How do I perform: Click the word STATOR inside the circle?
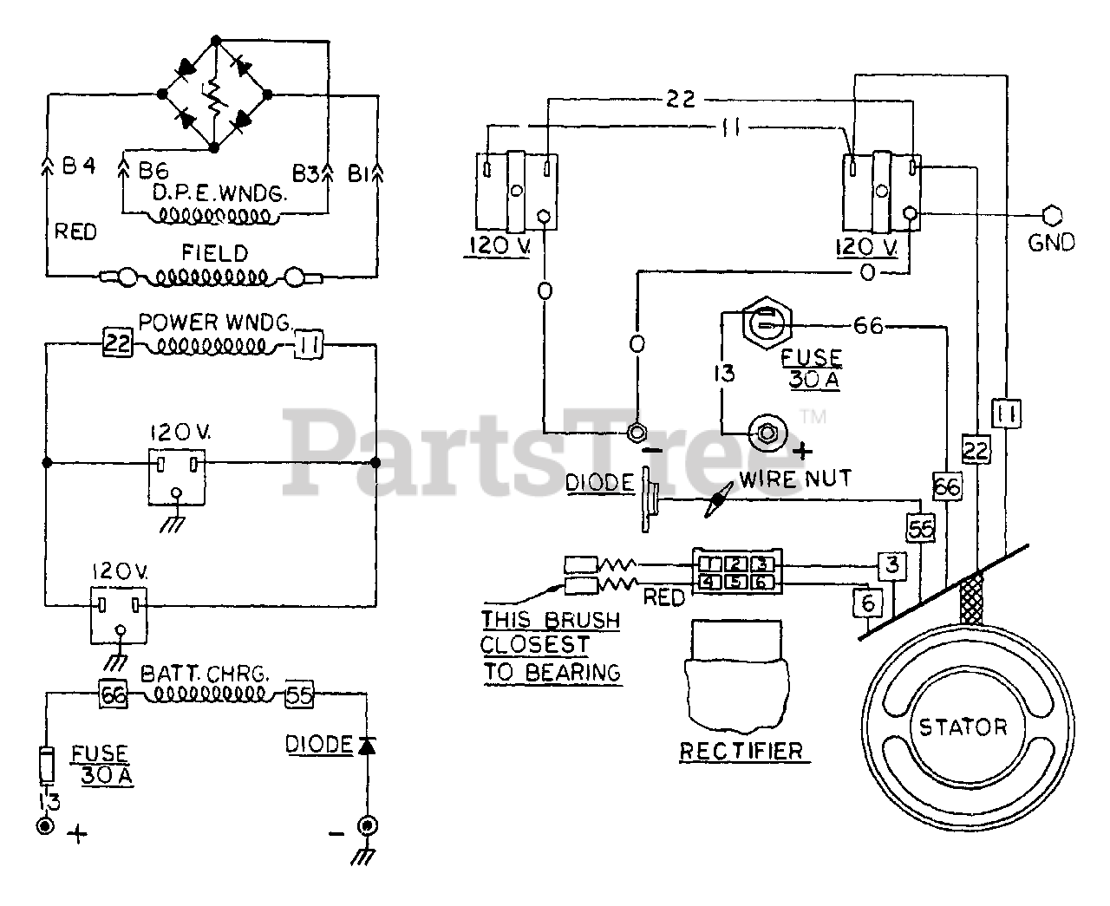pyautogui.click(x=963, y=727)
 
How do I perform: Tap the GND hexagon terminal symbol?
pyautogui.click(x=1052, y=215)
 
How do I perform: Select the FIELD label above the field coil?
pyautogui.click(x=215, y=253)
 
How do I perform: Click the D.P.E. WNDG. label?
pyautogui.click(x=220, y=193)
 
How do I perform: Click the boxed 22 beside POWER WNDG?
pyautogui.click(x=117, y=343)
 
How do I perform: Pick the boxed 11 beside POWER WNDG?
pyautogui.click(x=309, y=344)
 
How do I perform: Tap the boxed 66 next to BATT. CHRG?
pyautogui.click(x=113, y=695)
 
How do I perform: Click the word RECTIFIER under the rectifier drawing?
pyautogui.click(x=741, y=752)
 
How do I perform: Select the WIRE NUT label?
pyautogui.click(x=795, y=479)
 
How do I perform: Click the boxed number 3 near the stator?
pyautogui.click(x=892, y=566)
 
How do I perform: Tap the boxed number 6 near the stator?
pyautogui.click(x=868, y=603)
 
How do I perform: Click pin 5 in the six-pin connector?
pyautogui.click(x=736, y=582)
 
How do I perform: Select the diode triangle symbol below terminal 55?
pyautogui.click(x=367, y=745)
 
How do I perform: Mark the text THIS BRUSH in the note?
pyautogui.click(x=551, y=620)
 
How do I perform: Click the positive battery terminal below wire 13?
pyautogui.click(x=46, y=826)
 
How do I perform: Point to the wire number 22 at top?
pyautogui.click(x=681, y=99)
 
